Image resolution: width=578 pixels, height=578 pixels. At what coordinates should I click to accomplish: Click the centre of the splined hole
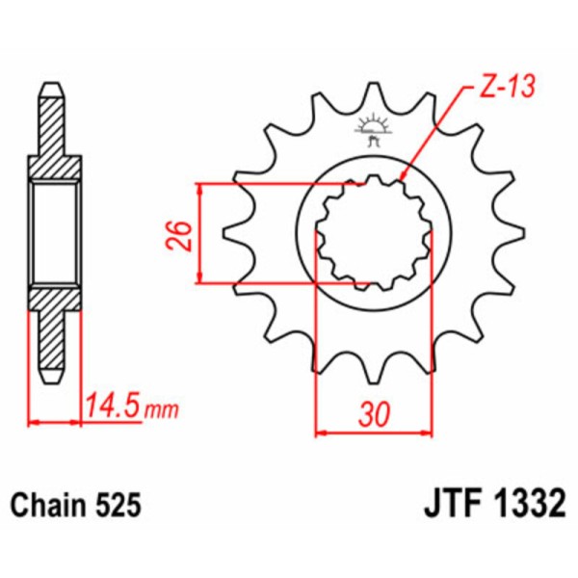pyautogui.click(x=371, y=233)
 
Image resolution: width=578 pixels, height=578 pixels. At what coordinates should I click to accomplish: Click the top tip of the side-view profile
pyautogui.click(x=54, y=90)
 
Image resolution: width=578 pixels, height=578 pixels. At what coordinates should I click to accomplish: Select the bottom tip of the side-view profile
pyautogui.click(x=54, y=379)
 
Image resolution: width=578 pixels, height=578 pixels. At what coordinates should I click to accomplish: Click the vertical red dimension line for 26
pyautogui.click(x=199, y=233)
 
